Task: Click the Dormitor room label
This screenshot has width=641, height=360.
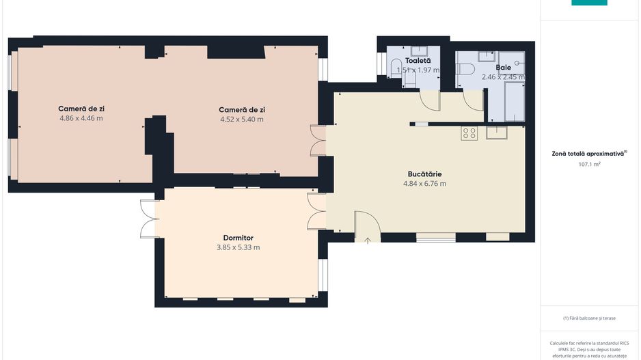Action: click(238, 238)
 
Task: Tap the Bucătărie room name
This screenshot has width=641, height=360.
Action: click(424, 174)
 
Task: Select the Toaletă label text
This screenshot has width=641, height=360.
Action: click(418, 61)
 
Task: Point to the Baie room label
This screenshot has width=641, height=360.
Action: click(503, 68)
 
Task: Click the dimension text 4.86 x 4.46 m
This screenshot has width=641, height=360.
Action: click(81, 118)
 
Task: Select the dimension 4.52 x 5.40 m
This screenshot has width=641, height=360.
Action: click(241, 119)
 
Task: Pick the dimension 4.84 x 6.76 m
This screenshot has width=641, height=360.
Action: click(424, 183)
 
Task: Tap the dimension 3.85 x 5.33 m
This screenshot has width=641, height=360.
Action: click(238, 247)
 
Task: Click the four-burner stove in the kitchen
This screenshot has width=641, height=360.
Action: click(469, 133)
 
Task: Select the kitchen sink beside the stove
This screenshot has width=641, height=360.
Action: click(497, 133)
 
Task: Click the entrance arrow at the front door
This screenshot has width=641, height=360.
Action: click(368, 239)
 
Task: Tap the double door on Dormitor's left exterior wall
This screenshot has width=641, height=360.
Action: click(149, 219)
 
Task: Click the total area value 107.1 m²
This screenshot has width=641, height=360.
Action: click(588, 164)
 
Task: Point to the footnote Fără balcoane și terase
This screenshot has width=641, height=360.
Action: click(588, 318)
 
